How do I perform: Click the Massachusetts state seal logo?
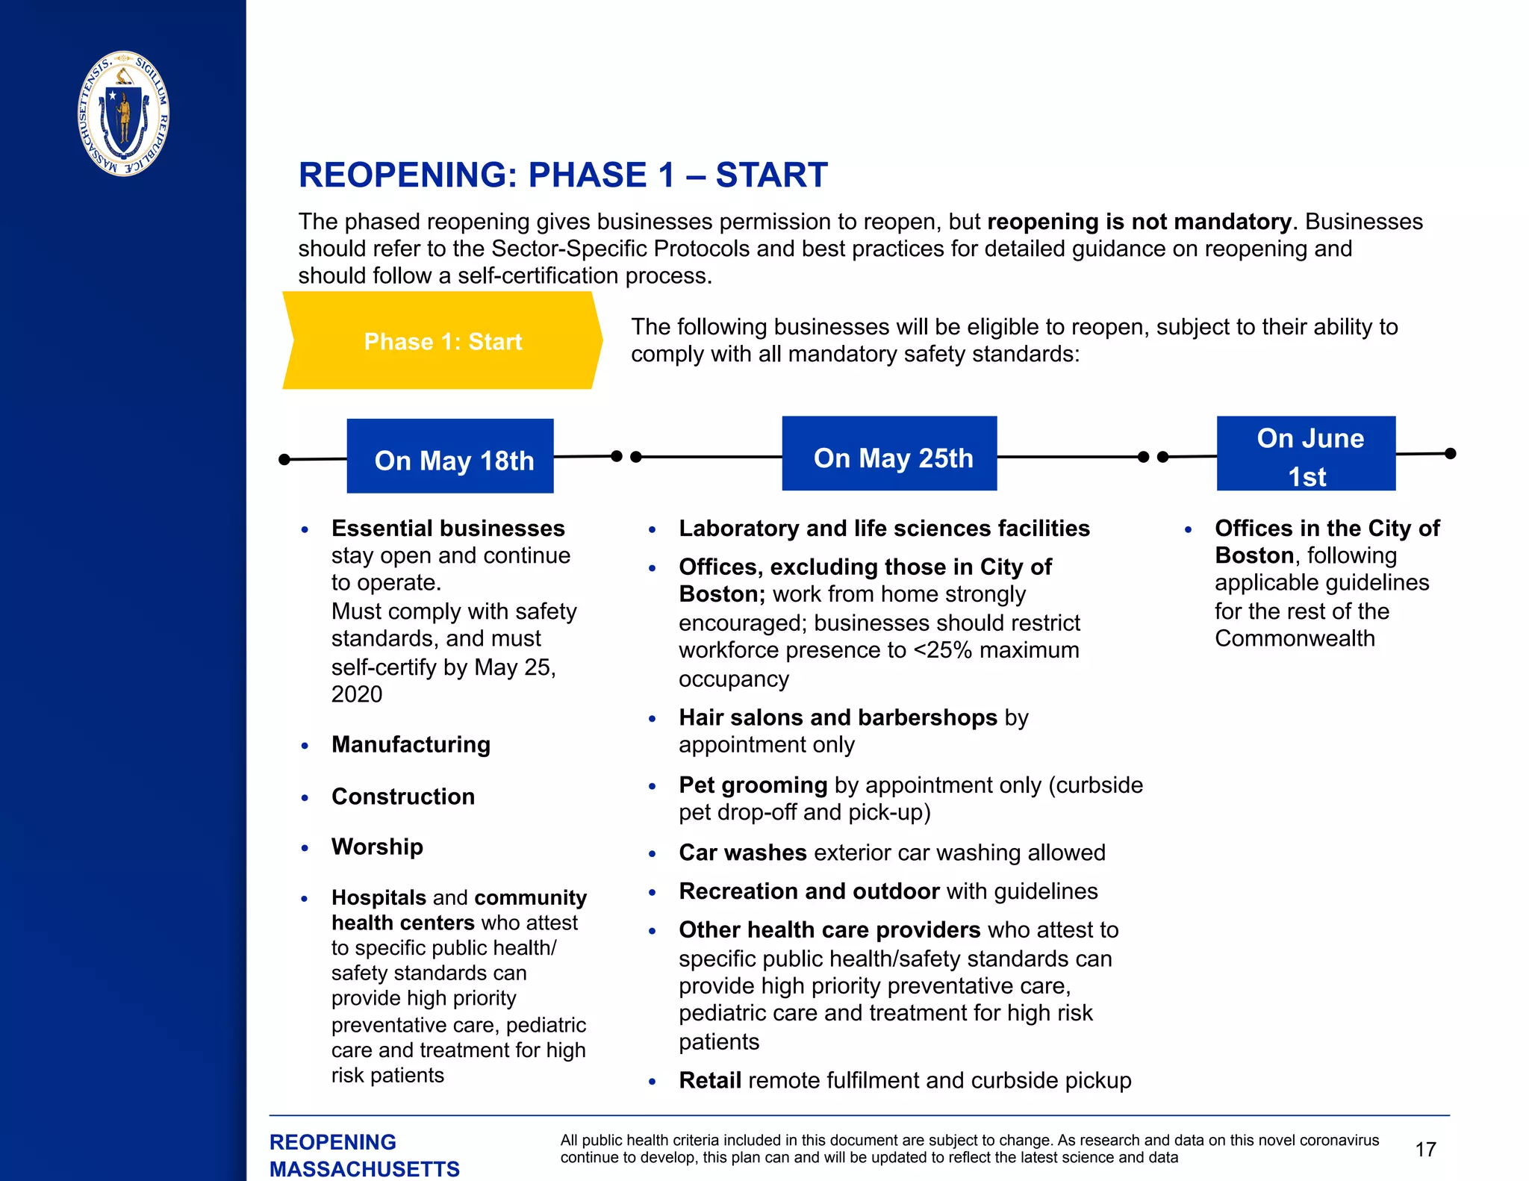coord(124,113)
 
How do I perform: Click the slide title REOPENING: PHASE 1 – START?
coord(563,175)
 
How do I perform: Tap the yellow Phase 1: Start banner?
coord(443,341)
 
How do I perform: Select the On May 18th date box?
coord(450,456)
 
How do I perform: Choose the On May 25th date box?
coord(889,454)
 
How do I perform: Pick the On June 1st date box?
coord(1306,454)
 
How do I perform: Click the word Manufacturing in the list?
coord(411,744)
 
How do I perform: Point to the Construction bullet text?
coord(403,797)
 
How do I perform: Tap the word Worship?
coord(377,847)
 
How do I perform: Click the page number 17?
coord(1425,1149)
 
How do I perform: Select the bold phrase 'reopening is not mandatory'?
coord(1139,222)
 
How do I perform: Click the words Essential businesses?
coord(448,529)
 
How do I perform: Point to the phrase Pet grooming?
coord(753,785)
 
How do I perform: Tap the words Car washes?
coord(742,853)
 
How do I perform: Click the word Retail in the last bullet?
coord(709,1080)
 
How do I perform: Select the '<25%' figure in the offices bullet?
coord(943,650)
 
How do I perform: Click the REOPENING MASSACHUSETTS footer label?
coord(364,1155)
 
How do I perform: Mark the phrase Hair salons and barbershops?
coord(838,717)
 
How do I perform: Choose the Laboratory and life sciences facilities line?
coord(884,529)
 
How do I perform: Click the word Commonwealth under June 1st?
coord(1295,638)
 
